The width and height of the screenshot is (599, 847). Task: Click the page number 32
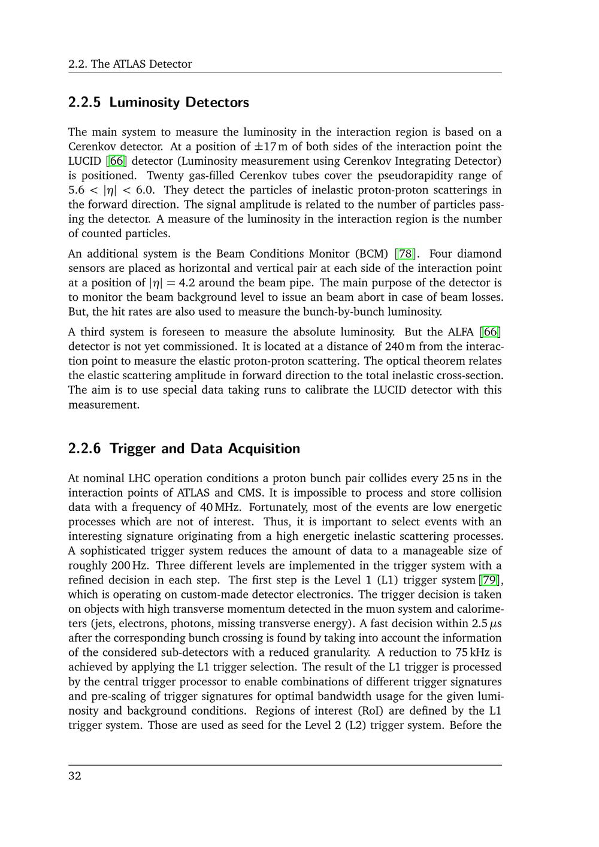click(75, 776)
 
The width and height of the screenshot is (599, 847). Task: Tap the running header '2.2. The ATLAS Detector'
click(130, 64)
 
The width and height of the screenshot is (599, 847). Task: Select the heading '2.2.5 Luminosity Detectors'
click(158, 102)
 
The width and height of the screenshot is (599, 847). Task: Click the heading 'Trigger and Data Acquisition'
click(205, 449)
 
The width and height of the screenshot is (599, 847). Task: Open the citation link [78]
click(406, 254)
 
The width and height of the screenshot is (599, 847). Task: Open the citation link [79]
click(491, 580)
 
